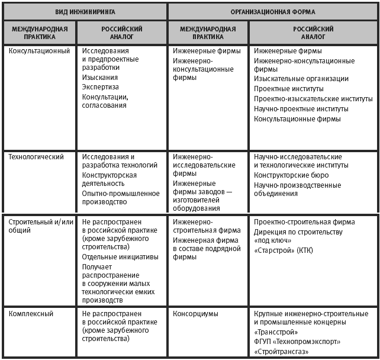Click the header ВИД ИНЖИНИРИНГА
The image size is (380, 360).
[85, 11]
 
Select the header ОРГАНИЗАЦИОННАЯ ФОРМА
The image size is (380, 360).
[273, 11]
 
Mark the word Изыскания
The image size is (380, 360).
[100, 78]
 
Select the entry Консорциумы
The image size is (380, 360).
[196, 313]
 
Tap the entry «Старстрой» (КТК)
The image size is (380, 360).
[284, 250]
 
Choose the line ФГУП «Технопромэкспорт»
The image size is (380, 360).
[297, 342]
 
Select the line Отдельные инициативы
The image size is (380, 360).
[121, 257]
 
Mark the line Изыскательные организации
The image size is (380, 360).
[301, 79]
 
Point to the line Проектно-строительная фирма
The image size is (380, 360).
[304, 222]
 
